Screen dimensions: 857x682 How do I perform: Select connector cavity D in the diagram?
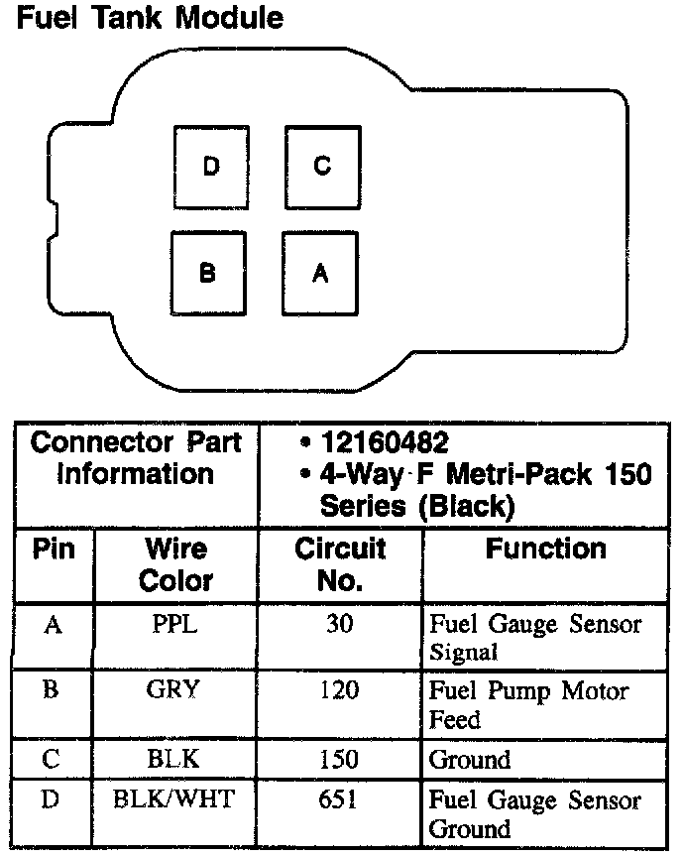click(210, 167)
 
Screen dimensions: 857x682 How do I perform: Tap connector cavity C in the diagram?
click(322, 167)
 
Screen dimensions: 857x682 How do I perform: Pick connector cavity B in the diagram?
click(207, 273)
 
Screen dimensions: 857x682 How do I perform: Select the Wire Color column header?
click(175, 564)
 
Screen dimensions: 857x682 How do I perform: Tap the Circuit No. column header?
click(339, 564)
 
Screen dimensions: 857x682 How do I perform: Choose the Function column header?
click(545, 550)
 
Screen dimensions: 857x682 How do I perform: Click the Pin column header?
click(54, 550)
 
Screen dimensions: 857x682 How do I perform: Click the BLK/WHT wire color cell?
click(175, 799)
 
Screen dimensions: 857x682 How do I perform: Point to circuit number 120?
click(340, 690)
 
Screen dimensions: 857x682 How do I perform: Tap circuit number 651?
click(340, 799)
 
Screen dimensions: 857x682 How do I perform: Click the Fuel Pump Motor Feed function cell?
click(528, 704)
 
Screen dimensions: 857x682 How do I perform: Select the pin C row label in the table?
click(52, 761)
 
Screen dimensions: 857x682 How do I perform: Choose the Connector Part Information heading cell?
click(136, 458)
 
